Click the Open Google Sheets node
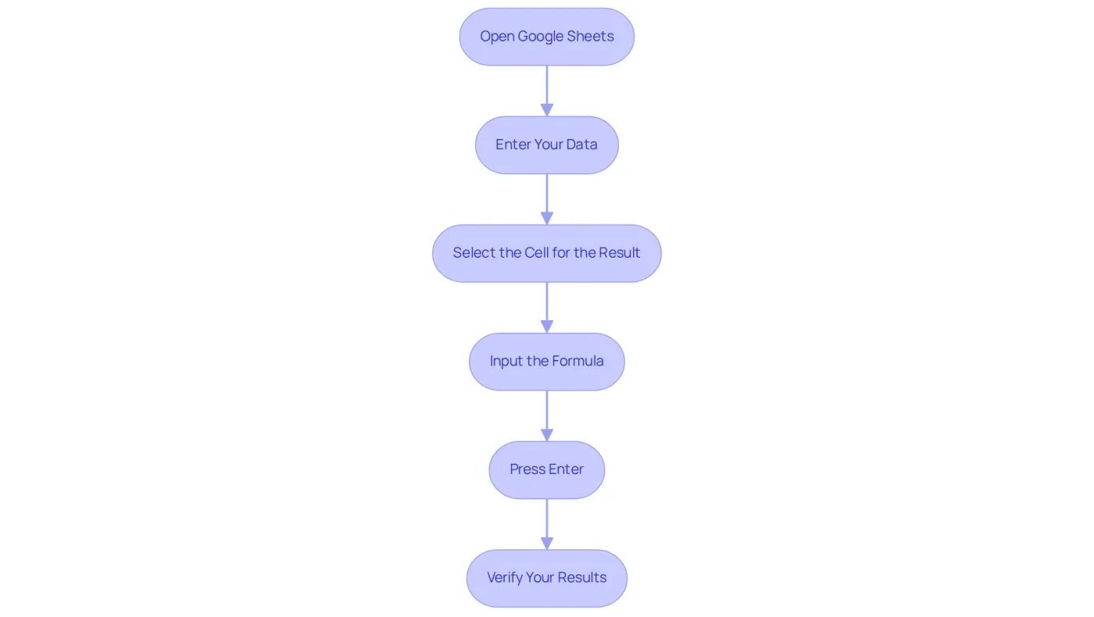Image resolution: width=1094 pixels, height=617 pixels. pos(546,37)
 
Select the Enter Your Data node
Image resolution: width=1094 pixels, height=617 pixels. pos(546,145)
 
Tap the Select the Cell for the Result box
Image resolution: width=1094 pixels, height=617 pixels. pos(546,253)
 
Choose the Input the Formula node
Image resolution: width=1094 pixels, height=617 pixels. pos(546,362)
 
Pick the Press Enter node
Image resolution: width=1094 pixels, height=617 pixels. pos(546,470)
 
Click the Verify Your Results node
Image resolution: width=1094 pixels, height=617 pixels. pos(546,579)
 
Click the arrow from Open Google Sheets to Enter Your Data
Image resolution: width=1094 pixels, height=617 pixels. pos(547,91)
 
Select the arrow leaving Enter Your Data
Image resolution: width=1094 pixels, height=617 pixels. pos(547,200)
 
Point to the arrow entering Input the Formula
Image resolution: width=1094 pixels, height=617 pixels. pos(547,308)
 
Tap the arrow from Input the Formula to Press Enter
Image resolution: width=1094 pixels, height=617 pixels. pos(547,416)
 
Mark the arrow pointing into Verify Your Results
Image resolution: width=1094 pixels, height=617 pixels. pos(547,525)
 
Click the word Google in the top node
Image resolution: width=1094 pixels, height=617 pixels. pos(541,37)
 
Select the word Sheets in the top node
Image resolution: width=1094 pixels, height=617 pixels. pos(591,36)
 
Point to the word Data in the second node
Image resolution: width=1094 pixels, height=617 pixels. pos(581,144)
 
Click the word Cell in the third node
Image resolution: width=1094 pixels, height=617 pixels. pos(537,253)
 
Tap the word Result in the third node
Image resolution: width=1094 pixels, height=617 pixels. pos(619,253)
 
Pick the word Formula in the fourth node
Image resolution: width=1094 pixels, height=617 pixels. pos(577,361)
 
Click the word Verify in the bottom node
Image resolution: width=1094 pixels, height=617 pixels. pos(505,579)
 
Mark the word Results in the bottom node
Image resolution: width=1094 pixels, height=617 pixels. pos(582,578)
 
